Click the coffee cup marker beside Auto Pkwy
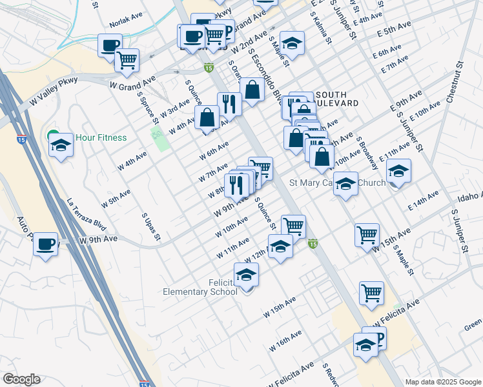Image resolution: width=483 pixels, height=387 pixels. [45, 244]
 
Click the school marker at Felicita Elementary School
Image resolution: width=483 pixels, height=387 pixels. [246, 275]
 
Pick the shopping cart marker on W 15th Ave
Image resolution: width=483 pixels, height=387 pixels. [367, 234]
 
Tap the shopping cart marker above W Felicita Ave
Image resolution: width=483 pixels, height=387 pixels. [371, 293]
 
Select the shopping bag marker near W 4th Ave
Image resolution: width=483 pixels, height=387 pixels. [207, 117]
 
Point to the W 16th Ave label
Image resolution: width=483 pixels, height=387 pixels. [287, 340]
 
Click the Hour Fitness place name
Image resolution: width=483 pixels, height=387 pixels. [101, 137]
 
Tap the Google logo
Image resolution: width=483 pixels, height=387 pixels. [22, 379]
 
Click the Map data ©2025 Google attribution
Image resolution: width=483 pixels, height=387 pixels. [442, 382]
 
